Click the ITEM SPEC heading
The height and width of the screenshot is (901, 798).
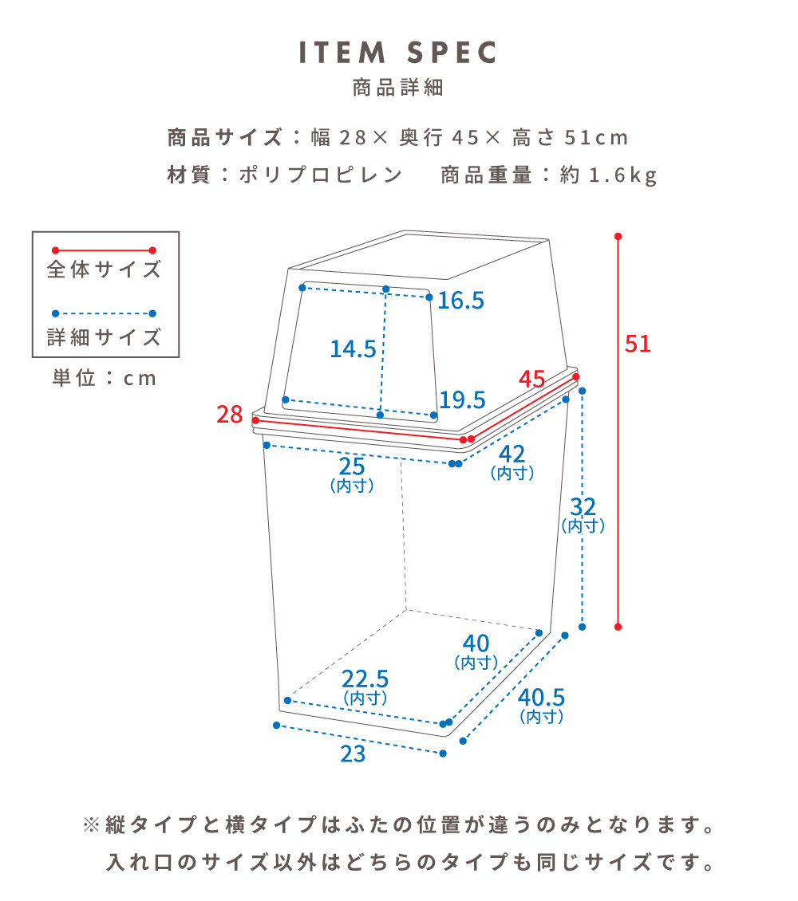coord(398,53)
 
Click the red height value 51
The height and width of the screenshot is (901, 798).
coord(638,344)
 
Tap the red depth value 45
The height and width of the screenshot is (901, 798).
coord(531,380)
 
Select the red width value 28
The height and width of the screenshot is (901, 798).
coord(229,415)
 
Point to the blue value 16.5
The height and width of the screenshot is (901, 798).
coord(460,301)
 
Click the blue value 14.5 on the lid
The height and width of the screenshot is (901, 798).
coord(353,348)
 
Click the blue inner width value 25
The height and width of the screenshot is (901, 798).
coord(352,467)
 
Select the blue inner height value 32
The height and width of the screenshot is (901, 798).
coord(583,507)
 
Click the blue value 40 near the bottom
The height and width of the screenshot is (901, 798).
coord(476,643)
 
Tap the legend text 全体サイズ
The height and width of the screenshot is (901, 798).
coord(105,270)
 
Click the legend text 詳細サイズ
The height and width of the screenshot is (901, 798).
coord(105,337)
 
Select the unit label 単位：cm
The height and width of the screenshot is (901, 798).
coord(105,378)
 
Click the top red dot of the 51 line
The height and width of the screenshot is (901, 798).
coord(618,237)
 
